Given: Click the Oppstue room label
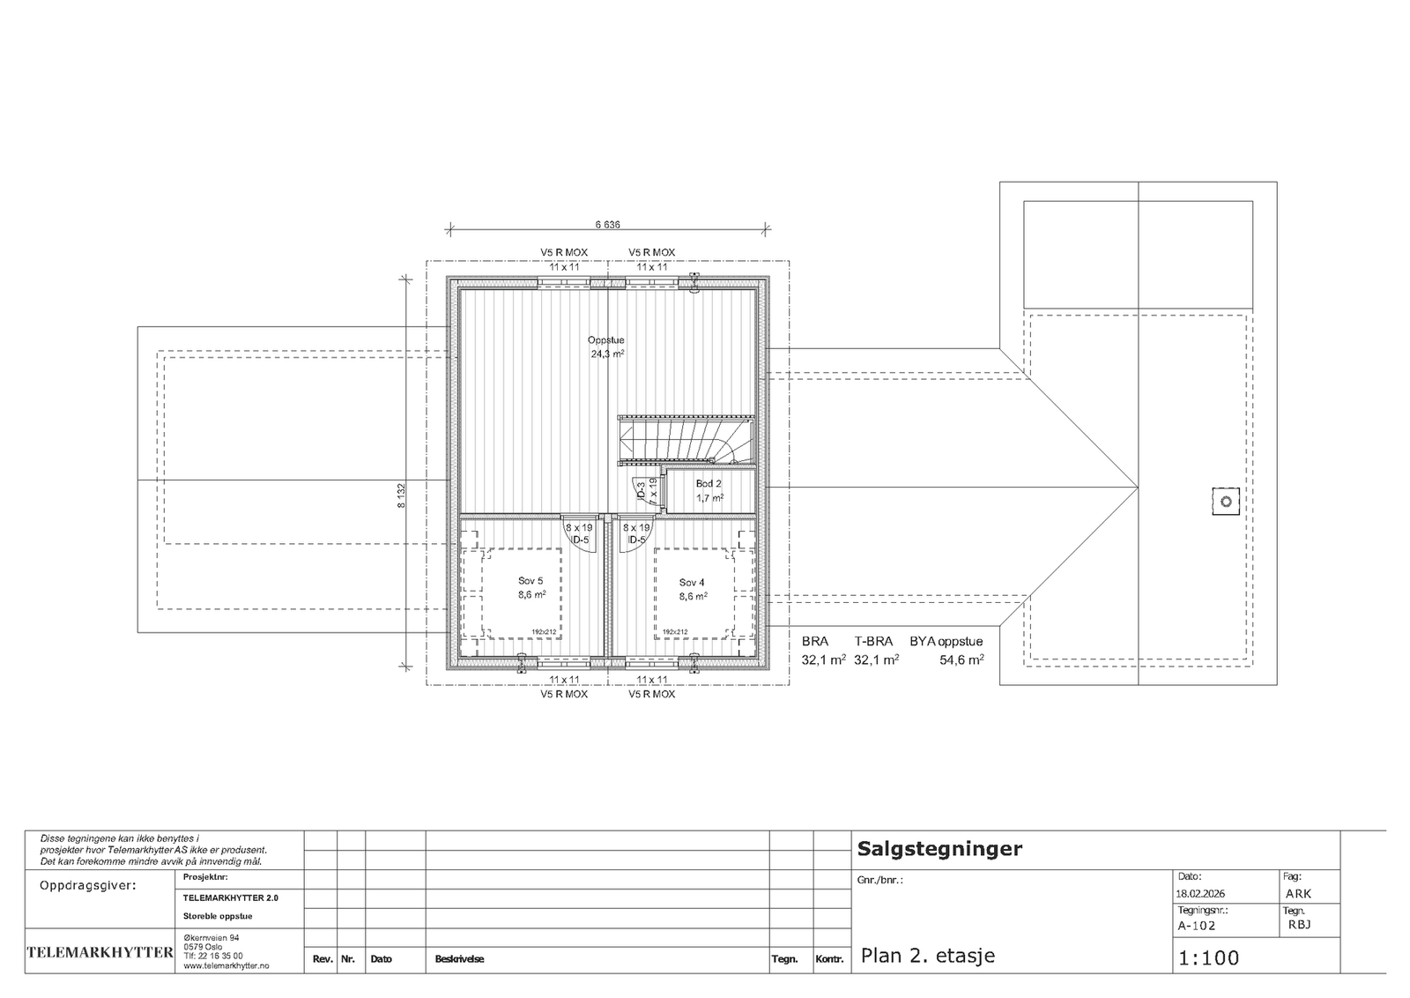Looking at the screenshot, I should click(x=607, y=340).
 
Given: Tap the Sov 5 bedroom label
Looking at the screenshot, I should click(x=531, y=583).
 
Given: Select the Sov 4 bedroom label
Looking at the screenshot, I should click(x=692, y=583).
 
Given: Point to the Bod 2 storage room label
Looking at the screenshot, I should click(x=709, y=484).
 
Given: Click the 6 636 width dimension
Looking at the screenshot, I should click(x=607, y=225).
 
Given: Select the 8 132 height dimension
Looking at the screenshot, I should click(x=401, y=495).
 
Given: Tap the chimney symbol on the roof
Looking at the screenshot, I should click(x=1225, y=502).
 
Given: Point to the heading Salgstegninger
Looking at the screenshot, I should click(x=939, y=849).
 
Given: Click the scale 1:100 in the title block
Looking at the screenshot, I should click(x=1208, y=958).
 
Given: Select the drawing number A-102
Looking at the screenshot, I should click(x=1196, y=926).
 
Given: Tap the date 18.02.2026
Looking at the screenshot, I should click(x=1200, y=893).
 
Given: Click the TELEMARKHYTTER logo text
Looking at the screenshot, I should click(x=100, y=952).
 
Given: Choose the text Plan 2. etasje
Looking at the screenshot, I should click(x=927, y=956).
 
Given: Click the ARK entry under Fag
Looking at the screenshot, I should click(x=1298, y=893).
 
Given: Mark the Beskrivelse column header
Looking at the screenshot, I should click(x=459, y=959).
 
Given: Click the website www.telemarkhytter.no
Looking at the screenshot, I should click(x=226, y=966).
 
